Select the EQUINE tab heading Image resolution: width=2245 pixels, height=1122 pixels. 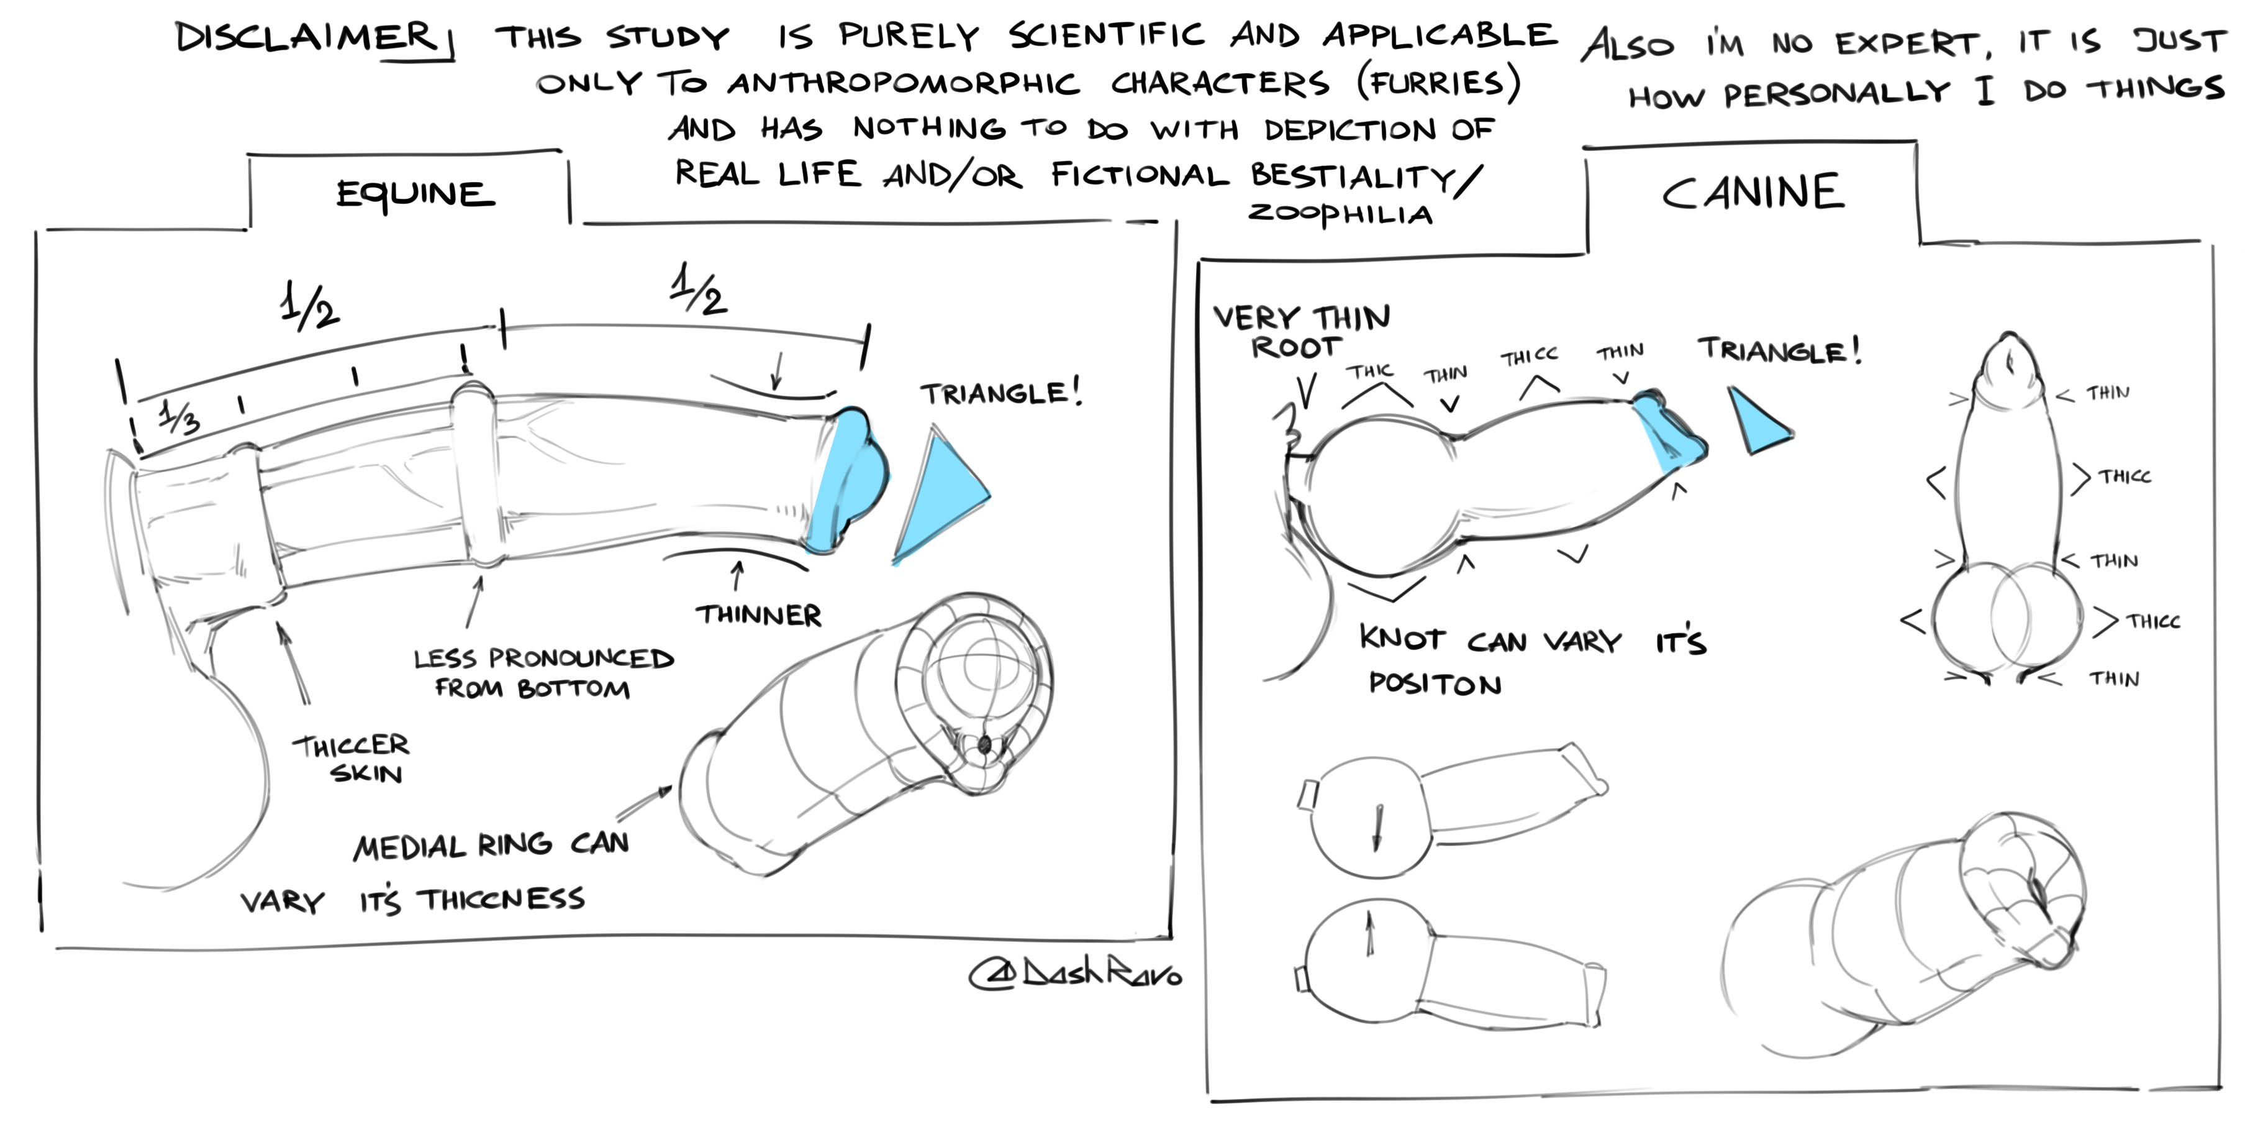point(415,194)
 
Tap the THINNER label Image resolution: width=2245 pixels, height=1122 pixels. point(758,616)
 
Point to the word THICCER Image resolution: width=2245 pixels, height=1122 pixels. point(350,746)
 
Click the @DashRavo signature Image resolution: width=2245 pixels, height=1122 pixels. point(1076,974)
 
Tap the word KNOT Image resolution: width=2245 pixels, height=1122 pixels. point(1402,639)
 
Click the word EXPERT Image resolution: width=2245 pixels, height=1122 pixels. point(1912,43)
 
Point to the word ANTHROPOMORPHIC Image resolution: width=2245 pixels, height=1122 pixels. point(903,84)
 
